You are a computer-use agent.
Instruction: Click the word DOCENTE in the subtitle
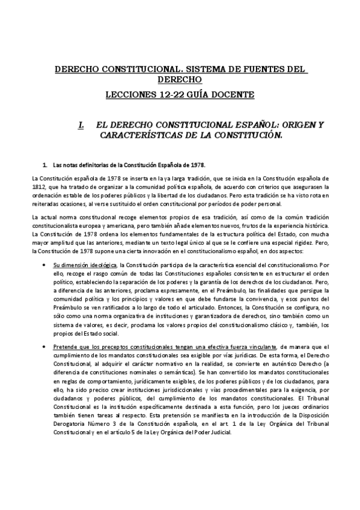tap(233, 94)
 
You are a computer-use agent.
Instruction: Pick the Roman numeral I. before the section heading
tap(81, 125)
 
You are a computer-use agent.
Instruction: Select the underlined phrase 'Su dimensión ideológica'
tap(85, 265)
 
